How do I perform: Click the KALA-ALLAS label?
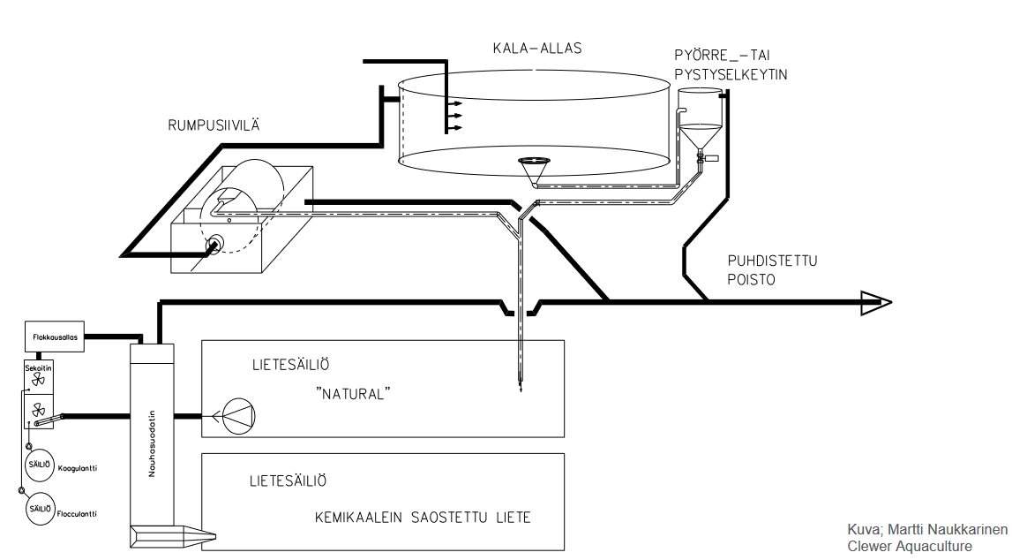click(537, 49)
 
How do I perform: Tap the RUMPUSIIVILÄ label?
click(214, 125)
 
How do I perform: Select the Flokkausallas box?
click(55, 337)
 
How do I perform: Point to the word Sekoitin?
click(38, 367)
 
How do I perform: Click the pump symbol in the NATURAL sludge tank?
click(238, 416)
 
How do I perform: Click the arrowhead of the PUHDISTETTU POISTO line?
click(876, 302)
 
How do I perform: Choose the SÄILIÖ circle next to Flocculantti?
click(40, 509)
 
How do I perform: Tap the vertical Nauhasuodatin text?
click(152, 443)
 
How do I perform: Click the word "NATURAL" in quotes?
click(353, 394)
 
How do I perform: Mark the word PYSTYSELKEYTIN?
click(731, 75)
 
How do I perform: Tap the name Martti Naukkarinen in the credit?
click(948, 530)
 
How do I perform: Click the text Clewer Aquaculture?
click(910, 547)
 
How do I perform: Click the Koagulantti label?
click(78, 467)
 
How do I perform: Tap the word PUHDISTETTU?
click(773, 261)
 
